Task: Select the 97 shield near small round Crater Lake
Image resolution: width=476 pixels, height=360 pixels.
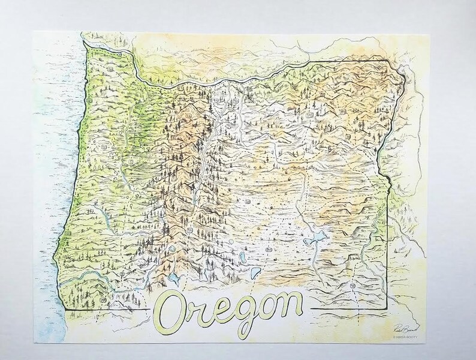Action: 190,231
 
